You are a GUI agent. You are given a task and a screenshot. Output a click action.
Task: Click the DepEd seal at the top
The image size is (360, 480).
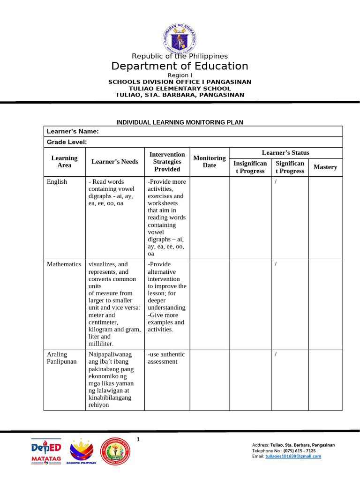click(x=180, y=36)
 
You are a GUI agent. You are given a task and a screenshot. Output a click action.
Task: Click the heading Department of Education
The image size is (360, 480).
click(x=180, y=66)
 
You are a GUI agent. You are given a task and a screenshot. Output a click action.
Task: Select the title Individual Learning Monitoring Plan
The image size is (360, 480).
click(x=180, y=122)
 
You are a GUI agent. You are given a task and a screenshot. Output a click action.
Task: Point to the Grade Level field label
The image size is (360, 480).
click(x=66, y=142)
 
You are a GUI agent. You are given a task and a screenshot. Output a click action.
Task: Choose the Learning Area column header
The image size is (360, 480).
click(x=64, y=162)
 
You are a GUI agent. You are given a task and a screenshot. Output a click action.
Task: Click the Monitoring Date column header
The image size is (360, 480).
click(x=210, y=162)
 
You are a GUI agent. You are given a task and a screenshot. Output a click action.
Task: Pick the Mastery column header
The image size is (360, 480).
click(x=325, y=167)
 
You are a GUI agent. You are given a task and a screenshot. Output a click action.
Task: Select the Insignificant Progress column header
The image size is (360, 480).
click(x=250, y=167)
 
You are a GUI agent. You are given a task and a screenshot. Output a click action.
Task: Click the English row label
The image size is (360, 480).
click(x=57, y=182)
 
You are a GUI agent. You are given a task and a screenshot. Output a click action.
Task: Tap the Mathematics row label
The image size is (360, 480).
click(x=64, y=264)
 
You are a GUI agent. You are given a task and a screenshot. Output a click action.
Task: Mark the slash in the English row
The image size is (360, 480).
click(x=276, y=182)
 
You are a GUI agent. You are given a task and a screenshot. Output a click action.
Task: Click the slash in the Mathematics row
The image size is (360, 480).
click(x=276, y=264)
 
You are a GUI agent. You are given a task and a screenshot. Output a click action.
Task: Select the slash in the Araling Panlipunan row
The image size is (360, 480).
click(x=276, y=354)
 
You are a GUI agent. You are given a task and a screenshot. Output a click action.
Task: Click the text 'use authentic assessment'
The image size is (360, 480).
click(x=166, y=358)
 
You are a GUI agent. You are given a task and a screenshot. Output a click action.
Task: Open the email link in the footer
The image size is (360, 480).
click(x=293, y=456)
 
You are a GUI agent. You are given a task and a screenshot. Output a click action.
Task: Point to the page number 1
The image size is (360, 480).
click(x=138, y=439)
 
